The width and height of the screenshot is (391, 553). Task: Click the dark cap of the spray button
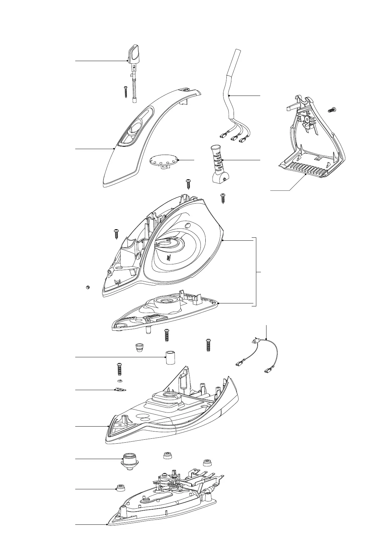click(x=134, y=53)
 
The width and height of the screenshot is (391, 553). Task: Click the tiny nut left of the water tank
click(x=88, y=288)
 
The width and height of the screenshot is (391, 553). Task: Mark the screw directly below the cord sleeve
click(x=223, y=199)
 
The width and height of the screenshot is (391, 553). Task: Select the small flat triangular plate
click(x=121, y=390)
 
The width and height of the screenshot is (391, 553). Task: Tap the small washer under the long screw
click(x=120, y=381)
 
